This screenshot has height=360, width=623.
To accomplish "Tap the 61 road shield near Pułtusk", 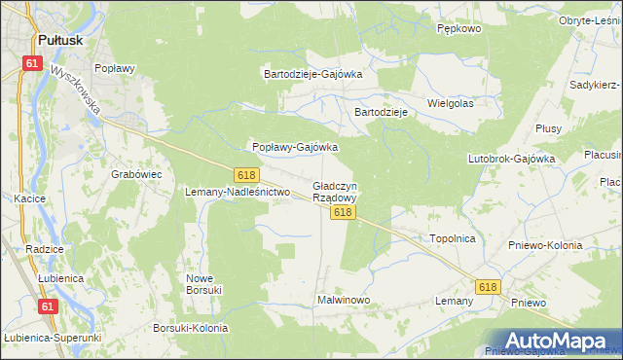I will (x=32, y=63).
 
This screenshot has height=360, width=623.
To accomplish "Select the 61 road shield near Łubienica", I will (x=48, y=306).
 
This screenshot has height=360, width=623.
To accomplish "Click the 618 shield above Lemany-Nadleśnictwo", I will (x=246, y=174).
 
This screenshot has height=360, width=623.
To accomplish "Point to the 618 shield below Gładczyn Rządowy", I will (x=342, y=211).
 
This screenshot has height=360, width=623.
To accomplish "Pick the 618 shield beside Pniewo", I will (x=488, y=286).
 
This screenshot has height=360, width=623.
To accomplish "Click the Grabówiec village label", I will (x=136, y=174).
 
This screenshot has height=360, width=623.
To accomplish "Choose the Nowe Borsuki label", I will (x=204, y=283).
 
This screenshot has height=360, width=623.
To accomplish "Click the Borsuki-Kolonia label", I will (x=191, y=328).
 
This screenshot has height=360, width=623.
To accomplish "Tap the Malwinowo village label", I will (x=344, y=300).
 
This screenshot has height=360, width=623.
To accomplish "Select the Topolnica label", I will (x=452, y=237).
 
